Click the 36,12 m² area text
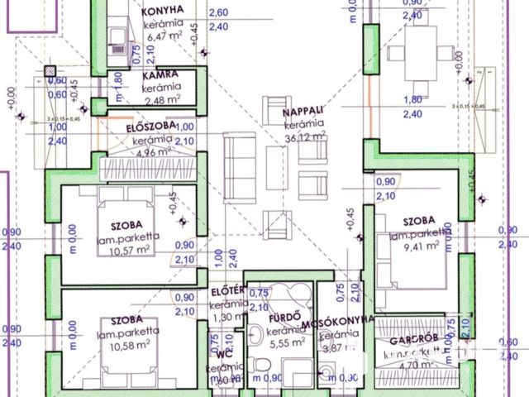tap(304, 139)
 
